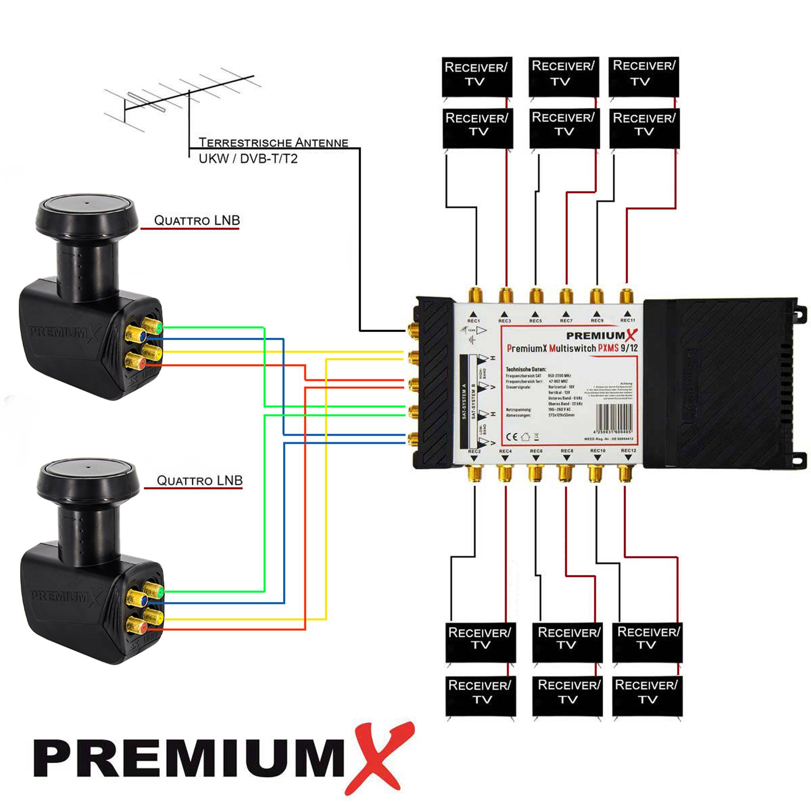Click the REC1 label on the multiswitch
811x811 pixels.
click(x=474, y=321)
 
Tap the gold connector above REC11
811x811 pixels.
click(x=626, y=296)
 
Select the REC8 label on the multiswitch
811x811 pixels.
click(x=567, y=451)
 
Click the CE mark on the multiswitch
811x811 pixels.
click(x=512, y=437)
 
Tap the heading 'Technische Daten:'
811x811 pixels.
click(x=526, y=369)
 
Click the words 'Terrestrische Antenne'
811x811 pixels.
click(x=273, y=143)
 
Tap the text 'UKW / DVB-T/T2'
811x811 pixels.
click(x=248, y=159)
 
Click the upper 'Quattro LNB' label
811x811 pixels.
click(x=197, y=220)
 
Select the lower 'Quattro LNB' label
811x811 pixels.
click(x=200, y=480)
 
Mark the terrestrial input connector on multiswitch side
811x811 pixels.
click(x=413, y=330)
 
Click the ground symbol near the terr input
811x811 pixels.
click(x=473, y=339)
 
